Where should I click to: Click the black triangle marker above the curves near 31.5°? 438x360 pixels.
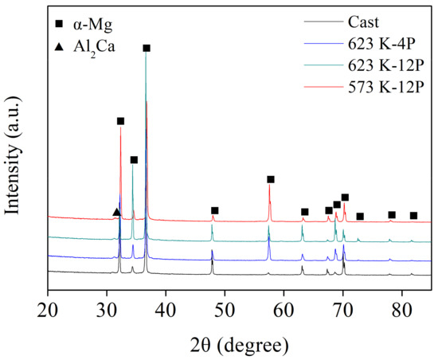pos(116,212)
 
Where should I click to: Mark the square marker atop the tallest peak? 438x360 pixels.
pos(147,49)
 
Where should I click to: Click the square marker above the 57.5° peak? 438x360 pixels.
pos(271,179)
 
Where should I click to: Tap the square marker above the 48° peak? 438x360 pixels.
pos(215,211)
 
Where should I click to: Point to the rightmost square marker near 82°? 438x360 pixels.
pos(413,216)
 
